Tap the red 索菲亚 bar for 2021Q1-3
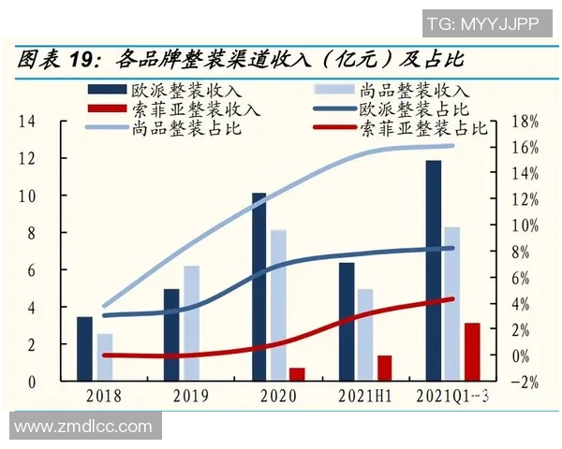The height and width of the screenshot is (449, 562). coord(472,351)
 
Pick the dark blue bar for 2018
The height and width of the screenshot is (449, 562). coord(84,348)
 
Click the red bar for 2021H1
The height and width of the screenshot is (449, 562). coord(384,368)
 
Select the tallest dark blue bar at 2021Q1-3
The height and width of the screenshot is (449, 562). coord(433,270)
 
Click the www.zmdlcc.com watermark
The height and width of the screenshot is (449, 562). coord(82,427)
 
